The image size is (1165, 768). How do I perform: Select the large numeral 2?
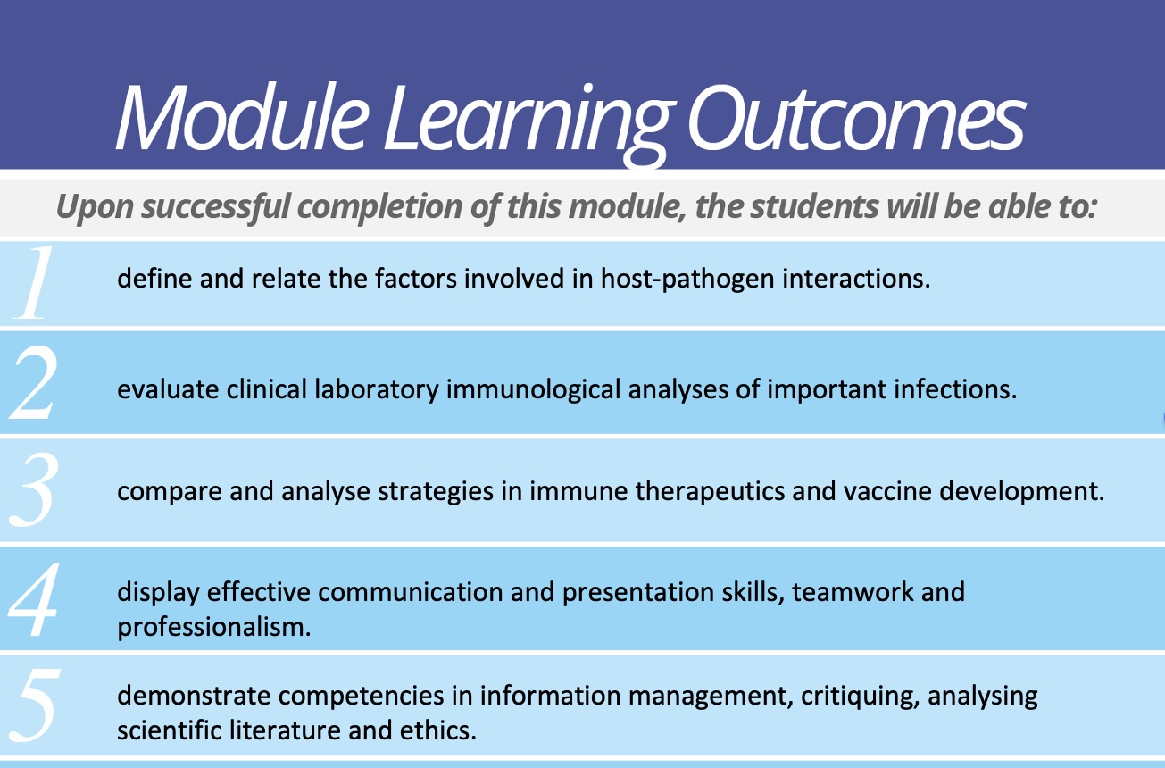click(x=33, y=383)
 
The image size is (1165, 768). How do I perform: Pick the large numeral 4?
click(x=33, y=599)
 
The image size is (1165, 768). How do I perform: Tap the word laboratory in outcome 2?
click(x=377, y=390)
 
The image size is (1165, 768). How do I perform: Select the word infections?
click(x=955, y=388)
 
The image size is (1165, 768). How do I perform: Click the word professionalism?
click(x=213, y=628)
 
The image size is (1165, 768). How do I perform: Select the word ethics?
click(x=438, y=730)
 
